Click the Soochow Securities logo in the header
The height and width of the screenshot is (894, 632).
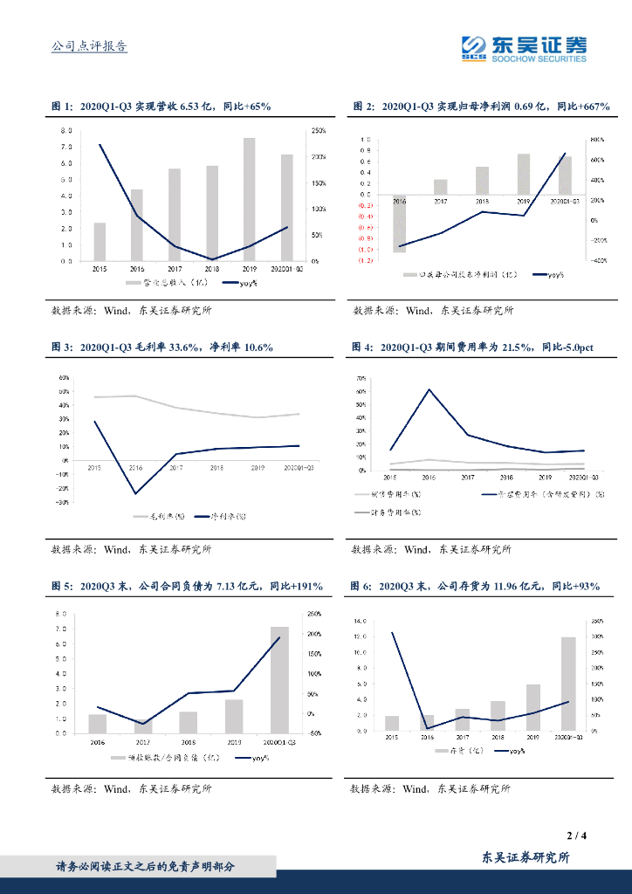524,48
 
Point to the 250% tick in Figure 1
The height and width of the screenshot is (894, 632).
318,131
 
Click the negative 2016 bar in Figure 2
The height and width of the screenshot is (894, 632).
399,224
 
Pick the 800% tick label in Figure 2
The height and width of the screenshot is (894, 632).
597,140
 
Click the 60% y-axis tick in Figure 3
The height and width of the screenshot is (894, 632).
63,378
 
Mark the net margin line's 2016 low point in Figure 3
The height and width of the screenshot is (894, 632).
136,494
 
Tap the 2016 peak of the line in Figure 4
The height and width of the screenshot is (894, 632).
429,389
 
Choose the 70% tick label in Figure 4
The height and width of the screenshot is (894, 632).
361,378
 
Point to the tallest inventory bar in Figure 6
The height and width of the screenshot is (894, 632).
568,683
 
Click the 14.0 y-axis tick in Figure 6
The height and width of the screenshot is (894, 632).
359,621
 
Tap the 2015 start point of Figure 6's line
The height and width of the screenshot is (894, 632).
392,632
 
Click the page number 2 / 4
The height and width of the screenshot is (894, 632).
575,836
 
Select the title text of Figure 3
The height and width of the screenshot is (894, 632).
162,347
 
